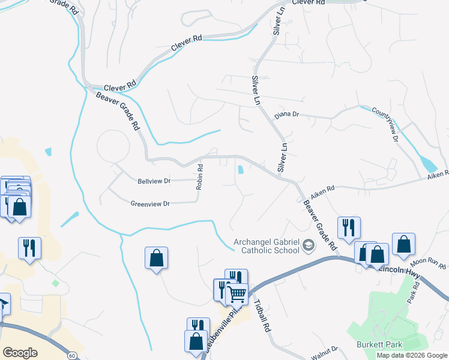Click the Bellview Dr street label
click(154, 181)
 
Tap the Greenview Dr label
click(151, 203)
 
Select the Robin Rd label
click(199, 177)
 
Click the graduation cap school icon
click(309, 245)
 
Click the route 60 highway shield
click(71, 355)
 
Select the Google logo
click(20, 353)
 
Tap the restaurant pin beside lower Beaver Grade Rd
click(348, 227)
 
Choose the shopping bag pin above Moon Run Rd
click(403, 244)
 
